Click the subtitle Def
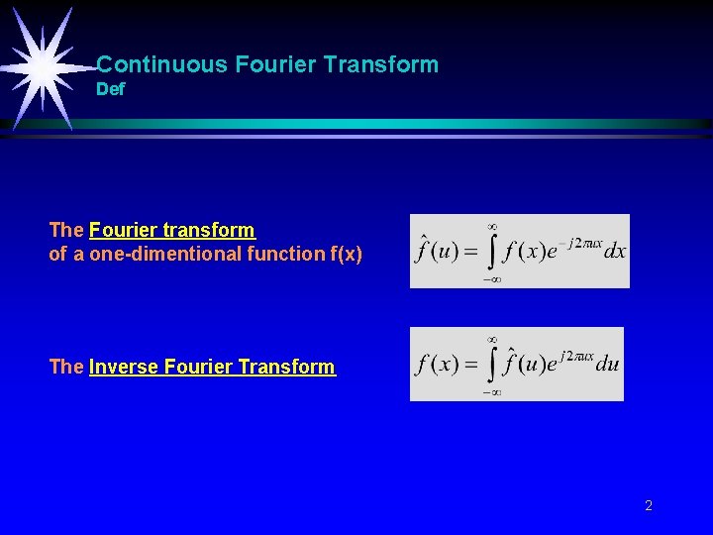[x=111, y=90]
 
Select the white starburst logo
[x=43, y=66]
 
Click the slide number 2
[x=649, y=506]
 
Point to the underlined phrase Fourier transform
[x=171, y=230]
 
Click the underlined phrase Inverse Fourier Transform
[x=212, y=367]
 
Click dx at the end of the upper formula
[x=615, y=252]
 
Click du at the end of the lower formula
[x=608, y=364]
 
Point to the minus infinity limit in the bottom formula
[x=491, y=392]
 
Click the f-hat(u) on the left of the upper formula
[x=437, y=250]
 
